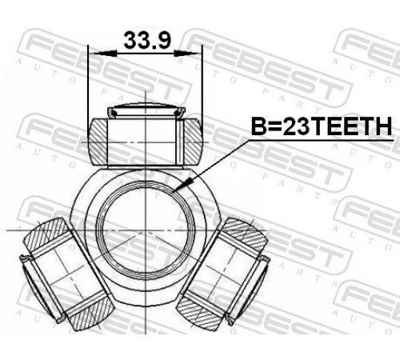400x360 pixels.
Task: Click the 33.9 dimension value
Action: coord(147,40)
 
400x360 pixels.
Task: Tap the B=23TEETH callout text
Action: coord(322,126)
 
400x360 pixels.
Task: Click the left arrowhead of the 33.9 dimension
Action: coord(103,54)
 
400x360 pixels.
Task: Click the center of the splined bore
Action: coord(146,230)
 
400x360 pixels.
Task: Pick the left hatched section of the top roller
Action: coord(98,142)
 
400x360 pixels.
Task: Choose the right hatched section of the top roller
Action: coord(193,141)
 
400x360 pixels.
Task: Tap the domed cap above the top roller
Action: coord(146,110)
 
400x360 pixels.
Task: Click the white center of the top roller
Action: coord(142,142)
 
